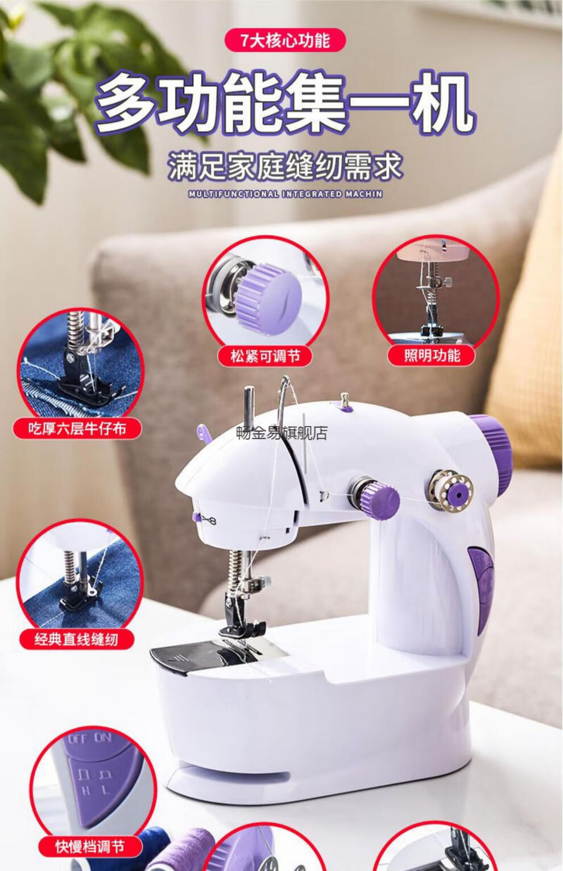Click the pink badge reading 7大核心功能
[285, 40]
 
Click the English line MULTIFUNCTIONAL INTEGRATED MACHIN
[285, 194]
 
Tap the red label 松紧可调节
[265, 356]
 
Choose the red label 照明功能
[432, 356]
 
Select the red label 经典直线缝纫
[76, 639]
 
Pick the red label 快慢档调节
[90, 847]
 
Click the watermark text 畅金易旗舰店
[282, 434]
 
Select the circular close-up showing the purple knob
[266, 295]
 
